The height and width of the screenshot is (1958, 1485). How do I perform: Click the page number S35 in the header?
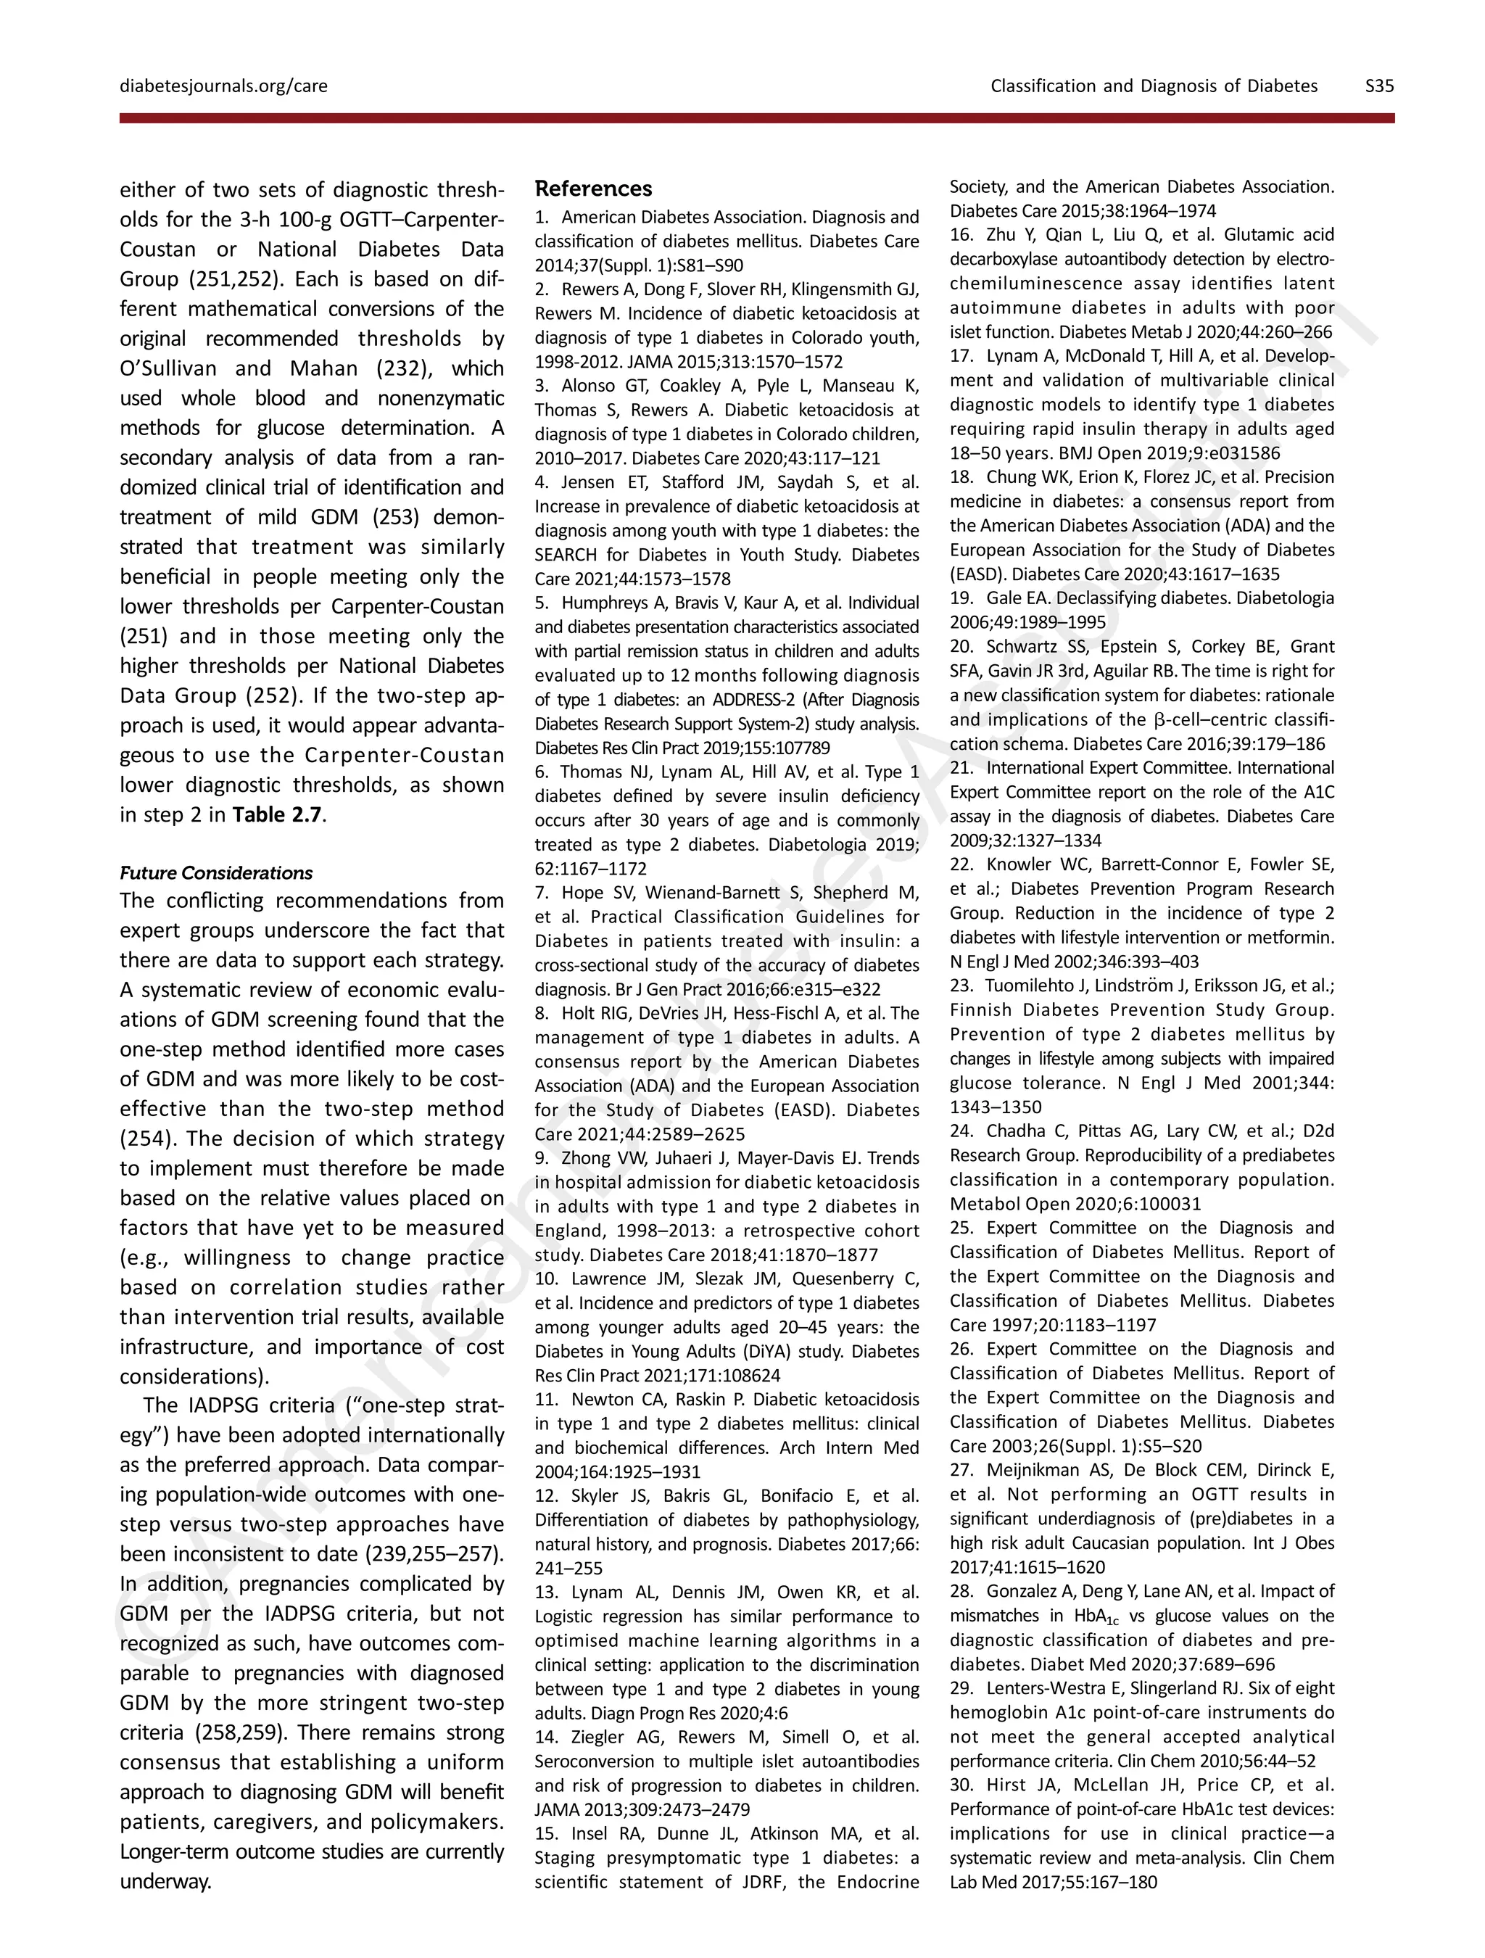point(1379,86)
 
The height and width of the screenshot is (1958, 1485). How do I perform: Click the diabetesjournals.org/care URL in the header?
point(223,86)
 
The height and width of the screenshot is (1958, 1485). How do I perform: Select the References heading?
point(593,189)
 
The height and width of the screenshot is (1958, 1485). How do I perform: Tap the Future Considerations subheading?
point(216,873)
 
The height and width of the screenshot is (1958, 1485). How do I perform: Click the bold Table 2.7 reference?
point(277,814)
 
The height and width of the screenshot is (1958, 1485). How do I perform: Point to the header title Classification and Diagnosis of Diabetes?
point(1153,86)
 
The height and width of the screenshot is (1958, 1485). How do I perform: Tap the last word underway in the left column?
point(165,1882)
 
